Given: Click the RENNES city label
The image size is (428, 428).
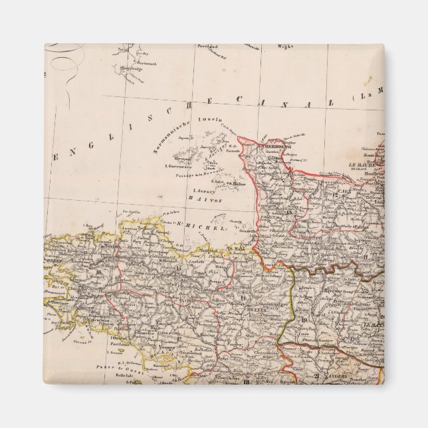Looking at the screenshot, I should [239, 310].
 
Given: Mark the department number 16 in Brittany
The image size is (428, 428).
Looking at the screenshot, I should [99, 271].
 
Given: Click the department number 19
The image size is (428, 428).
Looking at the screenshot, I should [304, 320].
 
